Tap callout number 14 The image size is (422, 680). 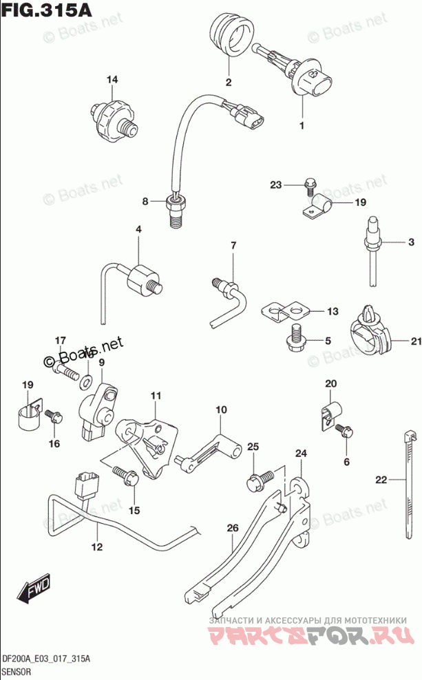pos(112,81)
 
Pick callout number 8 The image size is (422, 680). pos(145,202)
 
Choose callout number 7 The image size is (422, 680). pos(233,246)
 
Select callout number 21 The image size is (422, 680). pos(415,341)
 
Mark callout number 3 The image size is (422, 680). pos(411,242)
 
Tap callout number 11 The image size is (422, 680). pos(156,396)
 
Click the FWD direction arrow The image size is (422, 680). pos(34,587)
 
